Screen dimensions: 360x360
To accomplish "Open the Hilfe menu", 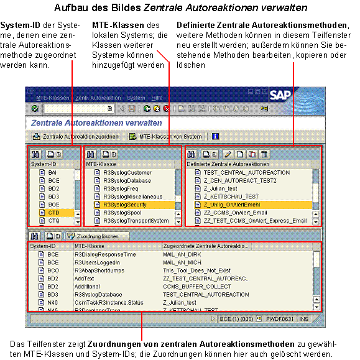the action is click(157, 98).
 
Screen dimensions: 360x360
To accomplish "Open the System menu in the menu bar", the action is click(136, 98).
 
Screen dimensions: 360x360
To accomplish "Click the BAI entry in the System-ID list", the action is click(53, 172).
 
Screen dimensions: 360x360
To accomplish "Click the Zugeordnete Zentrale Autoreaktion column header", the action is click(205, 246).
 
